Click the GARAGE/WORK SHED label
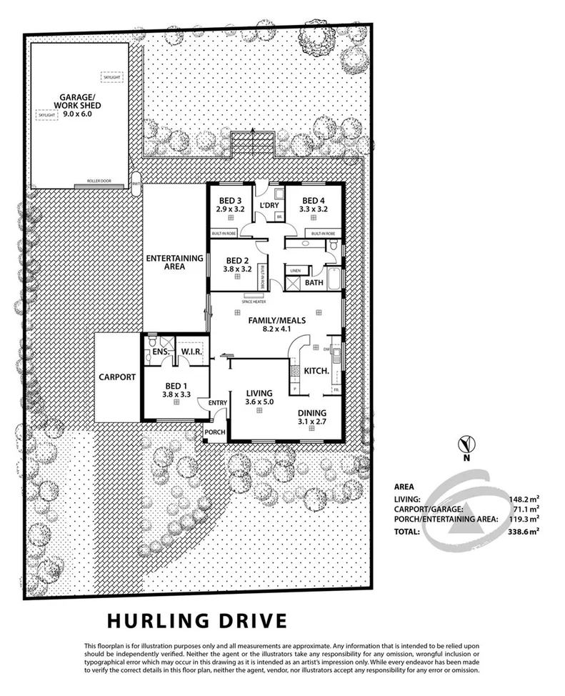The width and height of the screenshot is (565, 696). (71, 104)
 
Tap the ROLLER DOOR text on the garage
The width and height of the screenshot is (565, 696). (100, 182)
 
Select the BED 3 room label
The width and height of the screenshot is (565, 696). (229, 200)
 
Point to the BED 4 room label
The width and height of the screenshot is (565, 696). (314, 200)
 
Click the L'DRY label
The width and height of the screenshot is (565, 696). (269, 206)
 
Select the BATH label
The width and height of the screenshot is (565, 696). (314, 283)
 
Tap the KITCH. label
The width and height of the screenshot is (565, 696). (316, 372)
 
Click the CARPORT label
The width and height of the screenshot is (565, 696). (117, 377)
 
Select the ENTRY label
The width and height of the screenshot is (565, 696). (217, 404)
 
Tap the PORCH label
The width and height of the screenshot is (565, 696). (215, 432)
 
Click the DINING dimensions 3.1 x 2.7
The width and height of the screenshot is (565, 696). (312, 423)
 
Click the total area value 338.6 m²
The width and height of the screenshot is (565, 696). (524, 532)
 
